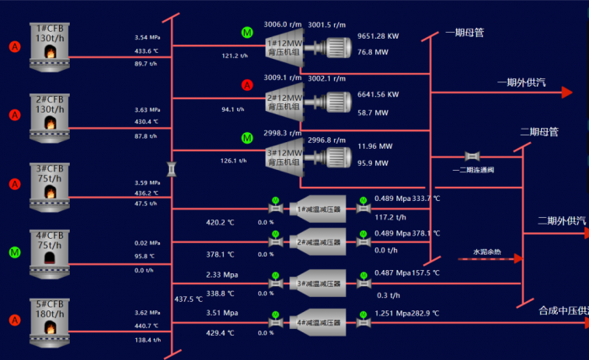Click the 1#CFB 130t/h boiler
(50, 45)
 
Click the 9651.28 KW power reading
(378, 36)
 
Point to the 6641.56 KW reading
(378, 94)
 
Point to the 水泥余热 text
(486, 251)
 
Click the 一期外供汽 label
(522, 82)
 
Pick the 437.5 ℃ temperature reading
(189, 299)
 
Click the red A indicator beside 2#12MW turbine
(247, 85)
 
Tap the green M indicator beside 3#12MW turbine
(247, 138)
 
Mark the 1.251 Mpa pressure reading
(392, 313)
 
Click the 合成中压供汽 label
(562, 311)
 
